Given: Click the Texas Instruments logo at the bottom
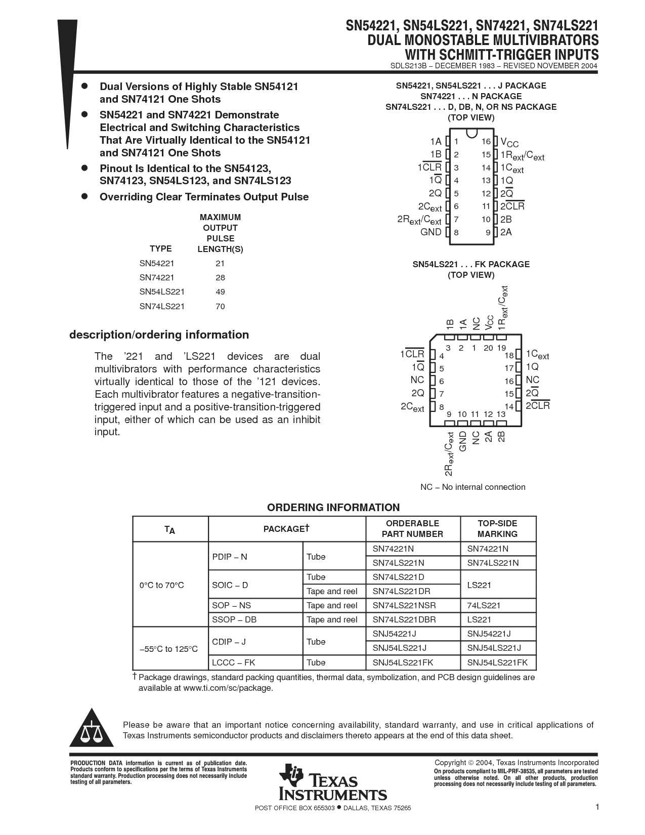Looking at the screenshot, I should [x=332, y=782].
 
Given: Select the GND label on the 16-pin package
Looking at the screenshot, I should [x=431, y=232].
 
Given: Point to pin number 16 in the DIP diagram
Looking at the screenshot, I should [x=486, y=142].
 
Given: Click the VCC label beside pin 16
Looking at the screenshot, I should [x=509, y=142].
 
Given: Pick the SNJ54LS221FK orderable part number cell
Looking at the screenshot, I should [x=403, y=662].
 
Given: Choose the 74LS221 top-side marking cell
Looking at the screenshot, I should [x=484, y=605].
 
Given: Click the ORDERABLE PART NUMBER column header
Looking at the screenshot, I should [x=412, y=529].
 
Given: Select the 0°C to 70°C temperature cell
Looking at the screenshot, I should [x=162, y=585].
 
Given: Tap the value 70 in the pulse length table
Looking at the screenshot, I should [x=220, y=306].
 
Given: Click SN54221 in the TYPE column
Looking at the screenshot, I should [x=157, y=263].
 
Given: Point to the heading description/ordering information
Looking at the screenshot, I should [x=159, y=335].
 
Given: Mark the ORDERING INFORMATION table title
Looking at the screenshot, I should [x=333, y=508].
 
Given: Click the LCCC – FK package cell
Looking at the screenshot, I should [x=234, y=662].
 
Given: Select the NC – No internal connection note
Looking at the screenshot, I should [x=472, y=487].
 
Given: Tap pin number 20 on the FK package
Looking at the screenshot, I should [x=488, y=348].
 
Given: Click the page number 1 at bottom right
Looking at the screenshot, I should [x=597, y=807].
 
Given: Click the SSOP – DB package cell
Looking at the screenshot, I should [x=234, y=619].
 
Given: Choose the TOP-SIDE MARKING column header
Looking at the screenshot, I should [x=497, y=529].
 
